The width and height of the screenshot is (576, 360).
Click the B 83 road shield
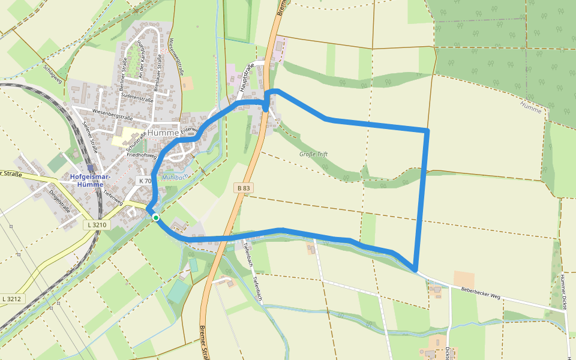(x=243, y=188)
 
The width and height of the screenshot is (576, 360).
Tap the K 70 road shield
(x=145, y=181)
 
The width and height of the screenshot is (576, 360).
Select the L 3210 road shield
(x=96, y=225)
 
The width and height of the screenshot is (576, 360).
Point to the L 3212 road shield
(x=11, y=299)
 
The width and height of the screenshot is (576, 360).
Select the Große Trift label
(x=313, y=154)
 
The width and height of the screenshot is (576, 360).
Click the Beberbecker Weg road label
(x=480, y=293)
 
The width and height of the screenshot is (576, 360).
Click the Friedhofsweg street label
(x=142, y=155)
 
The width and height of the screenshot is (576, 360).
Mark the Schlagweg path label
(x=53, y=74)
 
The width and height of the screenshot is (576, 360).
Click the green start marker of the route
(x=155, y=217)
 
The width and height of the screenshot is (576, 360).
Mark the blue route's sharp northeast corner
(x=427, y=130)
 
